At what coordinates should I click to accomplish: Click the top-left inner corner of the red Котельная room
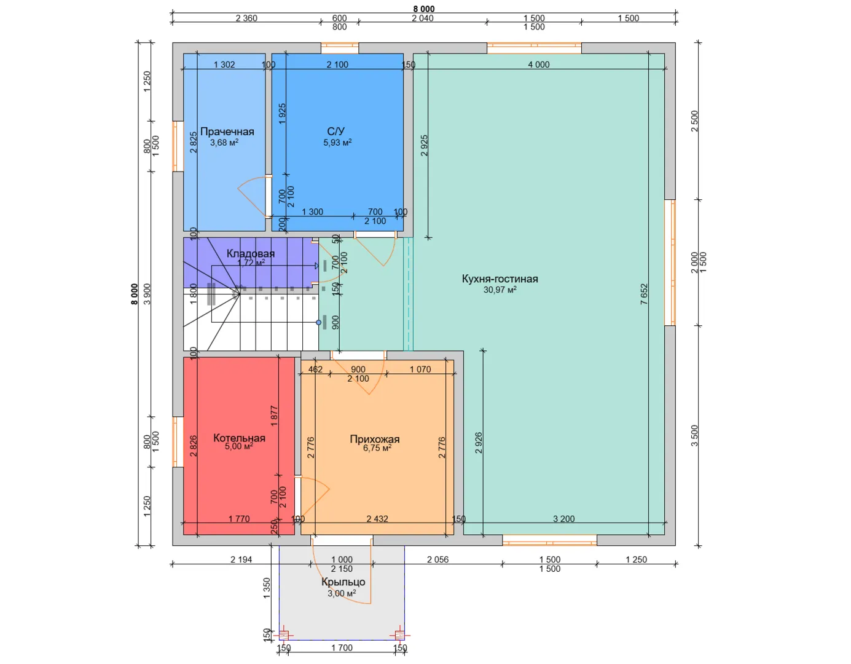pos(184,357)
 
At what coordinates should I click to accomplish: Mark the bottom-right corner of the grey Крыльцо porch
pos(404,640)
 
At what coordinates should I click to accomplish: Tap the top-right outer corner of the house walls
pos(675,42)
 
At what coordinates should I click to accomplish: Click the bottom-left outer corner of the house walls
pos(173,546)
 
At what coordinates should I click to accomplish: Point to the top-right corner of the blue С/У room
pos(403,53)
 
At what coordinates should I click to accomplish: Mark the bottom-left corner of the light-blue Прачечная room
pos(184,231)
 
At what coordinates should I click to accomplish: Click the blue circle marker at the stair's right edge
pos(319,322)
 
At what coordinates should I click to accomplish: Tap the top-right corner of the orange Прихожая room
pos(454,360)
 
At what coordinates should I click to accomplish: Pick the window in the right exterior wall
pos(670,263)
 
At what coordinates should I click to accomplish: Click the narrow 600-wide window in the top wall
pos(340,48)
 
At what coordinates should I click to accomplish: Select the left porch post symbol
pos(283,635)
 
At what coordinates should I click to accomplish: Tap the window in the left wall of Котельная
pos(178,442)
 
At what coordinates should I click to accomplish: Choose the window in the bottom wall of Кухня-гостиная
pos(550,540)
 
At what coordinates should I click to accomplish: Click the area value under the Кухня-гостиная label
pos(500,290)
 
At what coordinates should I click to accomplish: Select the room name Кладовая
pos(251,253)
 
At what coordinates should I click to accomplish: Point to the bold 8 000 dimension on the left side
pos(135,294)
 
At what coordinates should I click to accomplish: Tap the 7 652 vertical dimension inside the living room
pos(644,294)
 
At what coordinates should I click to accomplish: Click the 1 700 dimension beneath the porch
pos(342,647)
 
